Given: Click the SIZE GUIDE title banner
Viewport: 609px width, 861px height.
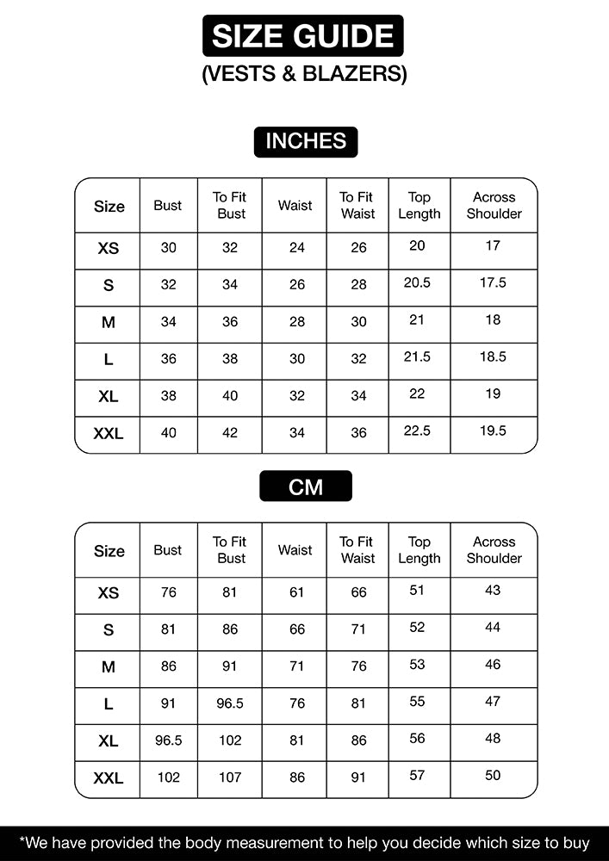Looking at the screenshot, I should [302, 36].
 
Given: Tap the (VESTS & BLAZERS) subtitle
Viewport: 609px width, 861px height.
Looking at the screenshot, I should [304, 74].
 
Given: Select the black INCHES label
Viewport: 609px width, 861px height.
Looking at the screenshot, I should [305, 141].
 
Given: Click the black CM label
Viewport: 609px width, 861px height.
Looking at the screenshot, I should [305, 486].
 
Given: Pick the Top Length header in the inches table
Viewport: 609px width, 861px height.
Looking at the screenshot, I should [419, 206].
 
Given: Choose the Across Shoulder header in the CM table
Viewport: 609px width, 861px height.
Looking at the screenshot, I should [494, 550].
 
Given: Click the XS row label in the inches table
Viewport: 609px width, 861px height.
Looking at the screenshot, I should [108, 248].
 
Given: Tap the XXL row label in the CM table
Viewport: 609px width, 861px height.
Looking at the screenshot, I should [108, 778].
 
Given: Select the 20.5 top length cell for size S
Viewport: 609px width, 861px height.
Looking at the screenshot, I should [417, 282].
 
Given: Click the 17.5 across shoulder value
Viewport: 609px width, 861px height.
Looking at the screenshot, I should [493, 282].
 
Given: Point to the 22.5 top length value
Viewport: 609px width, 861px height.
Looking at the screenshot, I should [417, 430].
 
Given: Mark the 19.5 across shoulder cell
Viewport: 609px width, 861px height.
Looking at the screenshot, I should [493, 430].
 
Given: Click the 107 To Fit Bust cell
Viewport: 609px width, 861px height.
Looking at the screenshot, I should [230, 777].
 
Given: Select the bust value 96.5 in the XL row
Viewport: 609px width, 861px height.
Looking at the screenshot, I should [168, 740].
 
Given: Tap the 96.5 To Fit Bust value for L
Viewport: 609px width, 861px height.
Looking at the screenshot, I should [230, 703].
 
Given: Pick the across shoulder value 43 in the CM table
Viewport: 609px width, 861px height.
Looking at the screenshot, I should [493, 591].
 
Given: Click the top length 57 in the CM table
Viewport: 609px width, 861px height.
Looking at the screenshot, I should [417, 775].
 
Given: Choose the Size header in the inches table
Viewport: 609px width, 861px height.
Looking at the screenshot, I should [109, 207].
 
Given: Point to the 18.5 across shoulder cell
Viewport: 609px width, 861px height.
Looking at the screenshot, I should [493, 356].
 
